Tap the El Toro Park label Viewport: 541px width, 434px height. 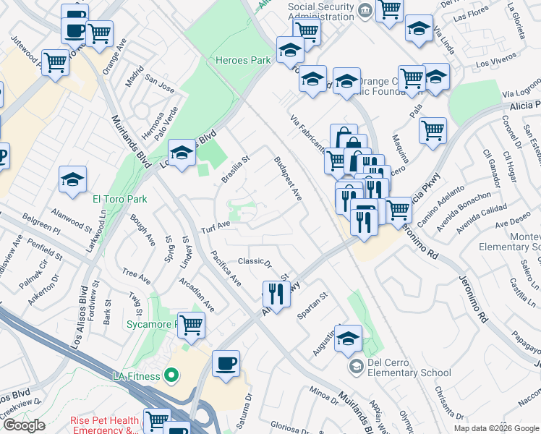click(120, 199)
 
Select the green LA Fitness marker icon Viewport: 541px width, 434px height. click(171, 375)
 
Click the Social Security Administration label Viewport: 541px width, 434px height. click(321, 12)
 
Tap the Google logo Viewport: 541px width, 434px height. click(24, 425)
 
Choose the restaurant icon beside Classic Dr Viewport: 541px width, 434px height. click(276, 292)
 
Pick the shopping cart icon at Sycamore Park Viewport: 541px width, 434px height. click(191, 324)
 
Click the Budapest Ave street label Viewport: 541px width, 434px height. click(287, 178)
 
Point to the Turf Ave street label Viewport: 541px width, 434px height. click(215, 226)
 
